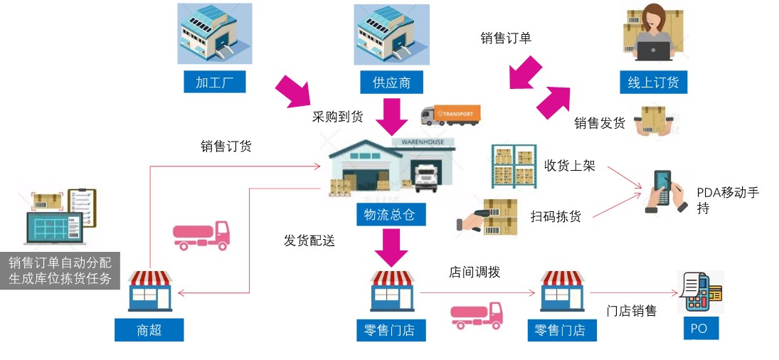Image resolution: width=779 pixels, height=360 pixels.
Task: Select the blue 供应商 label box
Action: click(391, 81)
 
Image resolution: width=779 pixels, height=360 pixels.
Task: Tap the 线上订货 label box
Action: click(653, 81)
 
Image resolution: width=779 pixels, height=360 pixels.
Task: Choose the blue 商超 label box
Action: click(149, 329)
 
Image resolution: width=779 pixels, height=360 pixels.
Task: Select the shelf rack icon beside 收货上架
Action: click(513, 166)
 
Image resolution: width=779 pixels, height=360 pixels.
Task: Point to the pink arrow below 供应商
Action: click(390, 117)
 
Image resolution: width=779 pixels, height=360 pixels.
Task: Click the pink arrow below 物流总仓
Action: click(390, 247)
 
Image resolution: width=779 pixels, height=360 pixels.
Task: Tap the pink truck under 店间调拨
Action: click(477, 315)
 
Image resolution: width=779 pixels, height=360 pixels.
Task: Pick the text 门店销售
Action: click(631, 310)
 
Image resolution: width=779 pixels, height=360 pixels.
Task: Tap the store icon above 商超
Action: click(149, 291)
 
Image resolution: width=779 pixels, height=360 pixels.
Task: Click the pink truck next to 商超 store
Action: click(201, 234)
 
